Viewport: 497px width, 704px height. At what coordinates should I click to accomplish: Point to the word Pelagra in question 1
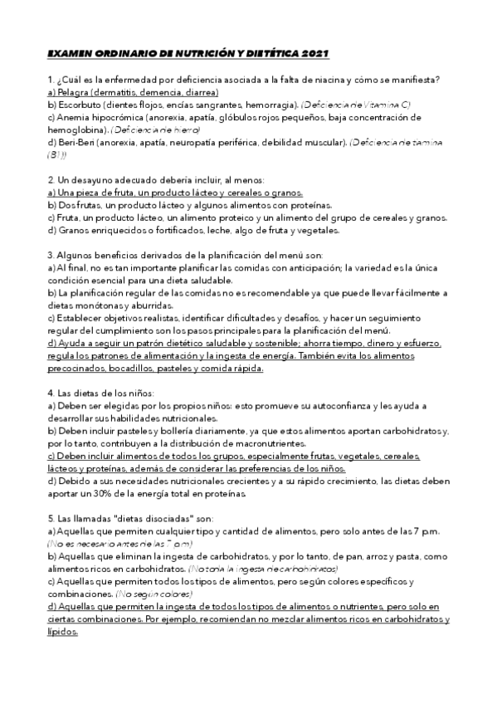[x=73, y=93]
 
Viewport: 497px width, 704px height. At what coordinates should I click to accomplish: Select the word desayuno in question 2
[x=91, y=180]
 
